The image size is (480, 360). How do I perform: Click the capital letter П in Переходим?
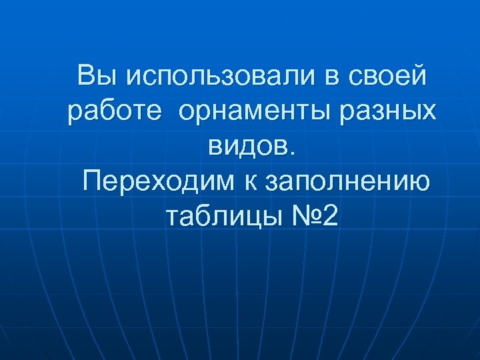pos(94,180)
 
